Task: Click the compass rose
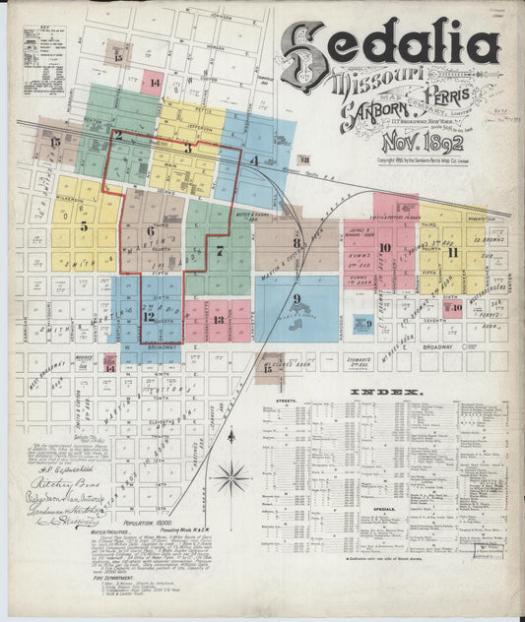(x=231, y=478)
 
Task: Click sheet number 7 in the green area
(x=220, y=250)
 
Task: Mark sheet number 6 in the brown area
(x=151, y=232)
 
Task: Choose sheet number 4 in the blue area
(x=254, y=159)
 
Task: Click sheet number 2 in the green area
(x=117, y=135)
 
